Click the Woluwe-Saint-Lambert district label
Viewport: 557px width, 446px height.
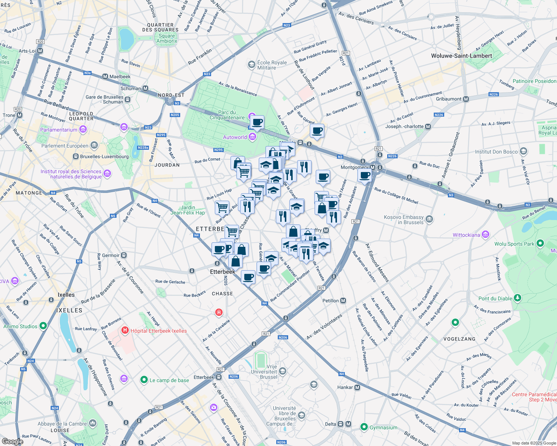point(461,56)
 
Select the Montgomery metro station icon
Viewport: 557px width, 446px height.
point(373,167)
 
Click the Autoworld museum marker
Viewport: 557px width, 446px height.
point(252,137)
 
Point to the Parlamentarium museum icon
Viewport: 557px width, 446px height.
point(83,129)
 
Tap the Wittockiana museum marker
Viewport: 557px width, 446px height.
point(485,235)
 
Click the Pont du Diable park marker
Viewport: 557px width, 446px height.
point(517,298)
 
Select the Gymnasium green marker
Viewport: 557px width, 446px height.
point(364,427)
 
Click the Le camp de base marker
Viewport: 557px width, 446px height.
point(144,380)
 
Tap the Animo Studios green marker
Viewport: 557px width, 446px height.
point(43,326)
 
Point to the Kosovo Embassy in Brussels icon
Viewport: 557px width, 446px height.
point(429,219)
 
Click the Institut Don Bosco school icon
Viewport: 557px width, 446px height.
point(523,151)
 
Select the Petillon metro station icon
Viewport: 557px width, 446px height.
point(343,300)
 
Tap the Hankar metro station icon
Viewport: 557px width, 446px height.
point(357,387)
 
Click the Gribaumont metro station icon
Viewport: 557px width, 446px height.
point(466,99)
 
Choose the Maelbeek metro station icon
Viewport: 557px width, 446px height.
point(105,77)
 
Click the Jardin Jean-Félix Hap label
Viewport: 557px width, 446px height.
point(188,210)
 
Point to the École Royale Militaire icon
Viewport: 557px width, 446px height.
point(252,65)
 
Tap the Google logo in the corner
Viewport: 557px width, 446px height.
point(12,441)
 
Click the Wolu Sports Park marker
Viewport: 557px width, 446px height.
point(540,243)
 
